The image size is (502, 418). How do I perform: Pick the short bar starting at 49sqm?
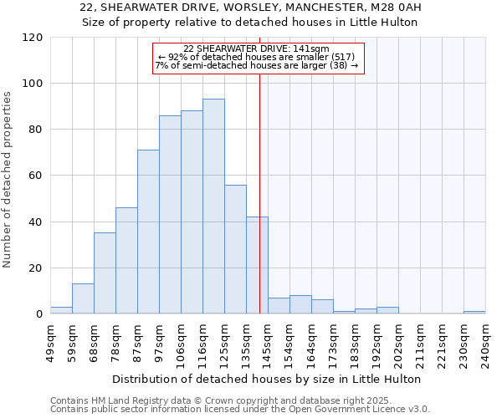click(x=61, y=310)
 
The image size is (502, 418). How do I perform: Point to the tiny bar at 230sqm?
click(x=474, y=312)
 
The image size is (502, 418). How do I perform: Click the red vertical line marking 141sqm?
click(x=259, y=209)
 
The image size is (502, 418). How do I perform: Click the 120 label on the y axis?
click(x=33, y=38)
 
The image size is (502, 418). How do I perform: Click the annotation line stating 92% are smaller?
click(x=259, y=57)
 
